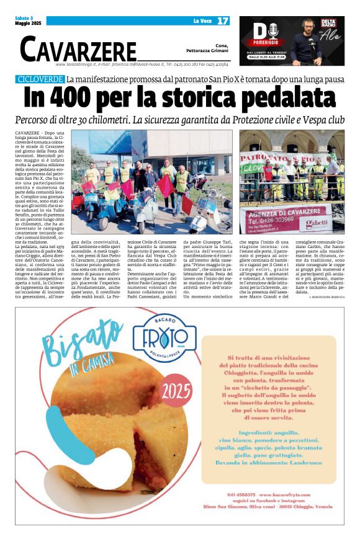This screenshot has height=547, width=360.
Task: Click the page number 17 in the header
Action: coord(223,21)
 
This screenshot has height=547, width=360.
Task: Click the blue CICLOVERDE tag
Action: coord(40,79)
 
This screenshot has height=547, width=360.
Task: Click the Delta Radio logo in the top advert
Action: coord(328,25)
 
